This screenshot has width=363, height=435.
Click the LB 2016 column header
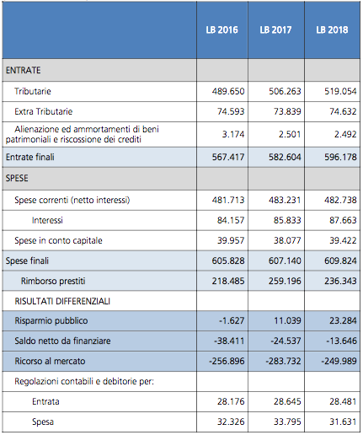(x=222, y=30)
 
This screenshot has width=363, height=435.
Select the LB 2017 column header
(x=275, y=30)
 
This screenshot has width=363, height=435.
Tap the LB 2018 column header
(x=332, y=30)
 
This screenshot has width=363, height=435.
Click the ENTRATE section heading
(x=24, y=70)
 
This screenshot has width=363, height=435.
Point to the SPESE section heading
(x=17, y=178)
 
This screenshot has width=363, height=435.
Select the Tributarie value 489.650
(x=228, y=91)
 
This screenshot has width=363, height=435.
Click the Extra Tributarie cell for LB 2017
(x=287, y=111)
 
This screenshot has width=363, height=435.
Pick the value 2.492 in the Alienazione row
(x=345, y=134)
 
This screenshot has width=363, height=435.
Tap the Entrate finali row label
(x=30, y=157)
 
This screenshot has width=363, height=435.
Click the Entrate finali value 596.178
(x=340, y=157)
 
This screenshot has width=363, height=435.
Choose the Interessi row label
(x=47, y=220)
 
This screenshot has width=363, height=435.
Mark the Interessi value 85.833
(x=287, y=220)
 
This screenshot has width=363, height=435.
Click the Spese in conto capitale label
(x=58, y=240)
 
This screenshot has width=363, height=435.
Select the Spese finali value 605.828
(x=228, y=260)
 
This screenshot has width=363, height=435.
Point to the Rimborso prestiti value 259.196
(x=285, y=281)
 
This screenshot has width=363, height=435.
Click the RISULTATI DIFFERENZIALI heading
(x=62, y=301)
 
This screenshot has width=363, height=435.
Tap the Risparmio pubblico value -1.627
(x=232, y=320)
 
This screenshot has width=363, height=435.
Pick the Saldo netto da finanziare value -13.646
(x=341, y=341)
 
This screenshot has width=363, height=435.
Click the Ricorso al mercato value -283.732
(x=283, y=361)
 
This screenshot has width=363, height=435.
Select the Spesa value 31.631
(x=343, y=422)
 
